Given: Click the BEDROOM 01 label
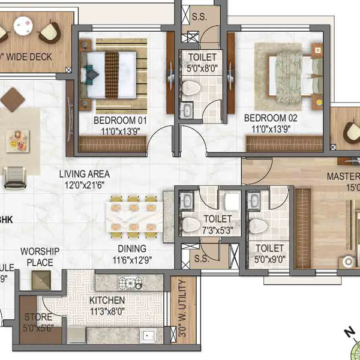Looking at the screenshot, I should (121, 120).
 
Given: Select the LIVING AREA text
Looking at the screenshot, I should (84, 175).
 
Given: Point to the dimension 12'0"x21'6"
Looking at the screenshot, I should (84, 186).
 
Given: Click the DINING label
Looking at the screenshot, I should (131, 249).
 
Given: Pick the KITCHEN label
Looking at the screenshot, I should (107, 300).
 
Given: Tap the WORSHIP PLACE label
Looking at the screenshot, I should (37, 257).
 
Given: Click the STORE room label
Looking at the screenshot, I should (37, 317).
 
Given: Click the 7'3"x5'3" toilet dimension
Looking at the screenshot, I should (217, 230).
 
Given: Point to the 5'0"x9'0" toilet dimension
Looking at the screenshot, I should (269, 260).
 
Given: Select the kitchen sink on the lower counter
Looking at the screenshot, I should (148, 336).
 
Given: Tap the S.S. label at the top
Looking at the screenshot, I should (199, 16).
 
